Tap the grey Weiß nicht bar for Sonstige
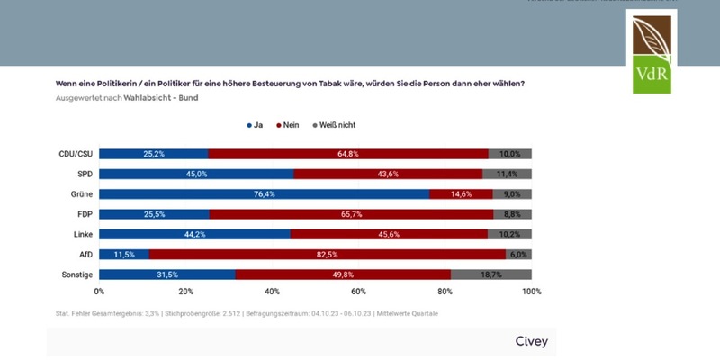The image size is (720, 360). pos(491,274)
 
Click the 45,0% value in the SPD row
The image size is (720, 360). pos(196,174)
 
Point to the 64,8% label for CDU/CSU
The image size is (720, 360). pos(348,154)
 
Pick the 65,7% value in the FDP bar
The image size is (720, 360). pos(352,214)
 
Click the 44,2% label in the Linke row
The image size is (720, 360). pos(194,234)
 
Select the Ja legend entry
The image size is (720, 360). pos(256,125)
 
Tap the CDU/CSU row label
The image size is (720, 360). pos(76,154)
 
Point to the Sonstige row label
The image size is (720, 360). pos(77,274)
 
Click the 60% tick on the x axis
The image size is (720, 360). pos(359,292)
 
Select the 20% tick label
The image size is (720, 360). pos(185,292)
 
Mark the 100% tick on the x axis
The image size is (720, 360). pos(531,292)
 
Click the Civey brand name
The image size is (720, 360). pos(531,341)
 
